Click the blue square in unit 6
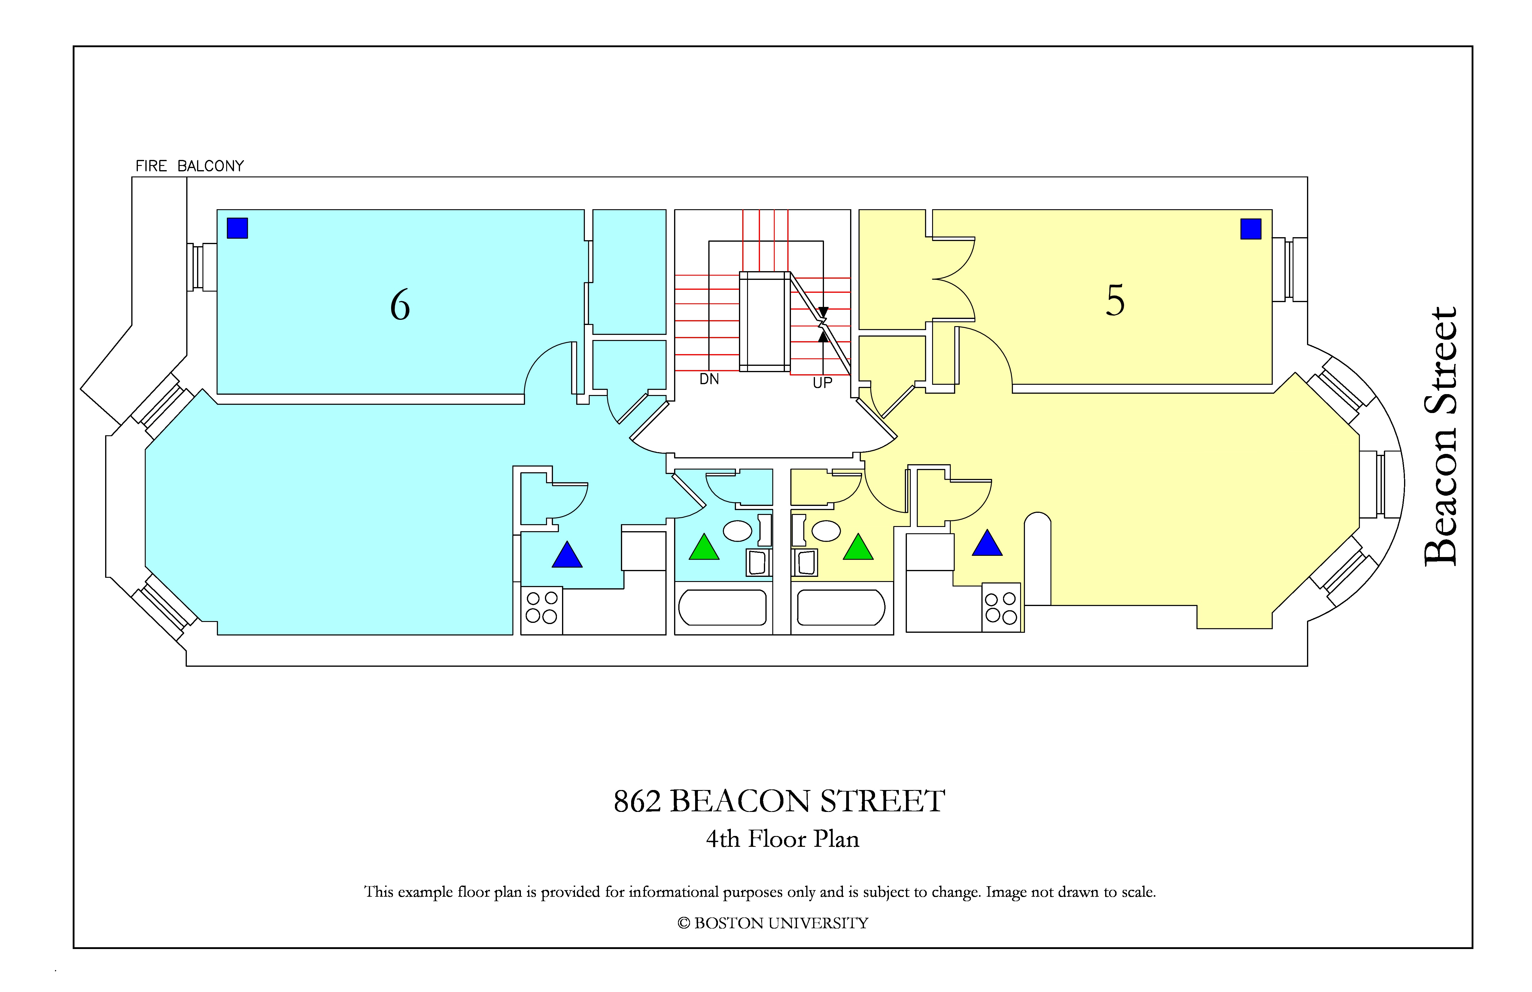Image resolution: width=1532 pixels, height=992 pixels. tap(238, 228)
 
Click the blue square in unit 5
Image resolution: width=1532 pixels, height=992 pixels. tap(1251, 229)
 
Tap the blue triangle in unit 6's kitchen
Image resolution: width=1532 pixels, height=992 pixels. tap(567, 555)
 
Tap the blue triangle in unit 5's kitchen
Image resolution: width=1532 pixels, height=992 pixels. tap(987, 543)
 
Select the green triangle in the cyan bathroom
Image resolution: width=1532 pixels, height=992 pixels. tap(704, 547)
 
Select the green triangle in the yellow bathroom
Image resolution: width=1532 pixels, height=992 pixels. tap(858, 547)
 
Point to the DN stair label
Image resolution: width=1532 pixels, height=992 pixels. tap(709, 379)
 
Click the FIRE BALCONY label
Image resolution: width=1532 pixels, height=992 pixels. tap(190, 166)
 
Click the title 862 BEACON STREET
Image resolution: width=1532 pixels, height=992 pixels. tap(780, 801)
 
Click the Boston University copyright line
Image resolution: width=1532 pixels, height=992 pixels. tap(773, 923)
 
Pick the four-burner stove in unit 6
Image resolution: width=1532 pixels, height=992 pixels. tap(541, 610)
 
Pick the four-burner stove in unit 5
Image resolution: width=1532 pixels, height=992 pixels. tap(1002, 608)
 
